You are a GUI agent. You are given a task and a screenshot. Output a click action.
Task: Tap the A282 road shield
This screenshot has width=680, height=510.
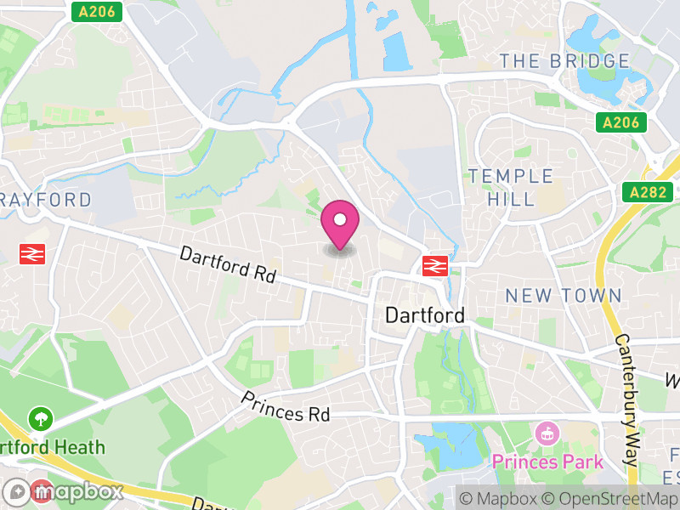[648, 192]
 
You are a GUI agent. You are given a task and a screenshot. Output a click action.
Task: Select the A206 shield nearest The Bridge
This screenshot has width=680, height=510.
[620, 122]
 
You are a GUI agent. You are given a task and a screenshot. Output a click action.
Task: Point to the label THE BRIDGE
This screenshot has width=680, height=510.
[564, 61]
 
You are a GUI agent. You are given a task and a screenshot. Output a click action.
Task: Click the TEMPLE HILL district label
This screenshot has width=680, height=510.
[510, 187]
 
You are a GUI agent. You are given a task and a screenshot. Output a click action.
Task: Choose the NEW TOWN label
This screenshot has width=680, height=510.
[564, 296]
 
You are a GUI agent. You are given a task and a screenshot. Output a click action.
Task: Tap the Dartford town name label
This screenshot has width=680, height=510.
[425, 315]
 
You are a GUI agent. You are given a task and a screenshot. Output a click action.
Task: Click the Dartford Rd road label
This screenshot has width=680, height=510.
[228, 264]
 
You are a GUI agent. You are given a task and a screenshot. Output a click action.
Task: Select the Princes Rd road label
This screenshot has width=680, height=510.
[285, 407]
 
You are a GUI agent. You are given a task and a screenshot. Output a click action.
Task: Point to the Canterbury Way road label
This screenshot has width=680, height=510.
[626, 399]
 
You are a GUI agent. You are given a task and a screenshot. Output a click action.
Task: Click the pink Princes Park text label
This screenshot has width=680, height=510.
[548, 462]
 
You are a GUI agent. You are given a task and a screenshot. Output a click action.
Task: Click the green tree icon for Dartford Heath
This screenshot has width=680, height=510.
[41, 418]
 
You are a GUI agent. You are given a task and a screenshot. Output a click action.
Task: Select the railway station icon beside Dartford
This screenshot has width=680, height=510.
[434, 265]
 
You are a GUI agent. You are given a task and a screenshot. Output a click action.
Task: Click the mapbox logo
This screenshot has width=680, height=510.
[64, 491]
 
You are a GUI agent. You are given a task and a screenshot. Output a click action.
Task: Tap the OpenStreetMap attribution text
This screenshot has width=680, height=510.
[609, 499]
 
